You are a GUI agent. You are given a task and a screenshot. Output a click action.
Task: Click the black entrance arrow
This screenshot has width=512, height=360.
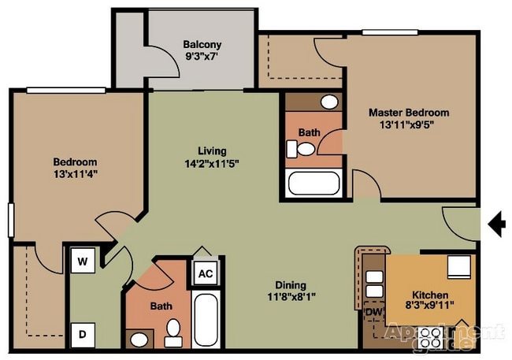pyautogui.click(x=497, y=225)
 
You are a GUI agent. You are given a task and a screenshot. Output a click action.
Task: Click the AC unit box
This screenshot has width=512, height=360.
pyautogui.click(x=204, y=273)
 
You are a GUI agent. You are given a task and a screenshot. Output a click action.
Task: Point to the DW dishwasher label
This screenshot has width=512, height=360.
pyautogui.click(x=373, y=314)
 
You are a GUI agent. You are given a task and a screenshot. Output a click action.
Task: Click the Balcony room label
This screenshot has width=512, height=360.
pyautogui.click(x=202, y=44)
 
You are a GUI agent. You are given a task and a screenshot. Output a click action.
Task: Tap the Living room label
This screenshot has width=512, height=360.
pyautogui.click(x=212, y=150)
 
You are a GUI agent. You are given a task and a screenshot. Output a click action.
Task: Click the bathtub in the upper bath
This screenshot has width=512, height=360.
pyautogui.click(x=314, y=183)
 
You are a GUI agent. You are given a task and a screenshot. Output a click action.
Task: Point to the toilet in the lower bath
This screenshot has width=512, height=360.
pyautogui.click(x=173, y=334)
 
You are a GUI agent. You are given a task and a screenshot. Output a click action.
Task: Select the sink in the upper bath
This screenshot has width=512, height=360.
pyautogui.click(x=329, y=102)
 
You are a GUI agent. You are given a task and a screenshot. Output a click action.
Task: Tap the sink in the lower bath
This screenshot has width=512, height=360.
pyautogui.click(x=138, y=340)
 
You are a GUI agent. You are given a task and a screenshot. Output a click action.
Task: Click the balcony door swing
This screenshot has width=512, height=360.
pyautogui.click(x=161, y=58)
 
